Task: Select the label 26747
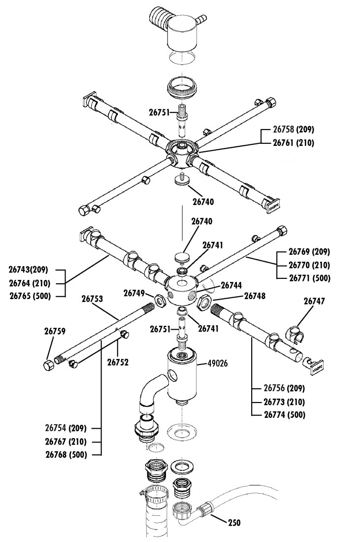(x=314, y=301)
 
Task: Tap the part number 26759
(x=55, y=331)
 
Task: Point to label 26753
(x=92, y=299)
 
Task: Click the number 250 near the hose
(x=234, y=522)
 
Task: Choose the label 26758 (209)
(x=294, y=129)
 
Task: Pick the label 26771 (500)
(x=310, y=278)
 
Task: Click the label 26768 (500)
(x=66, y=455)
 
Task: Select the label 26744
(x=231, y=285)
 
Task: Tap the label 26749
(x=134, y=293)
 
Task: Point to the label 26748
(x=255, y=296)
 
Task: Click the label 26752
(x=118, y=362)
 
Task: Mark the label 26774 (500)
(x=285, y=414)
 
